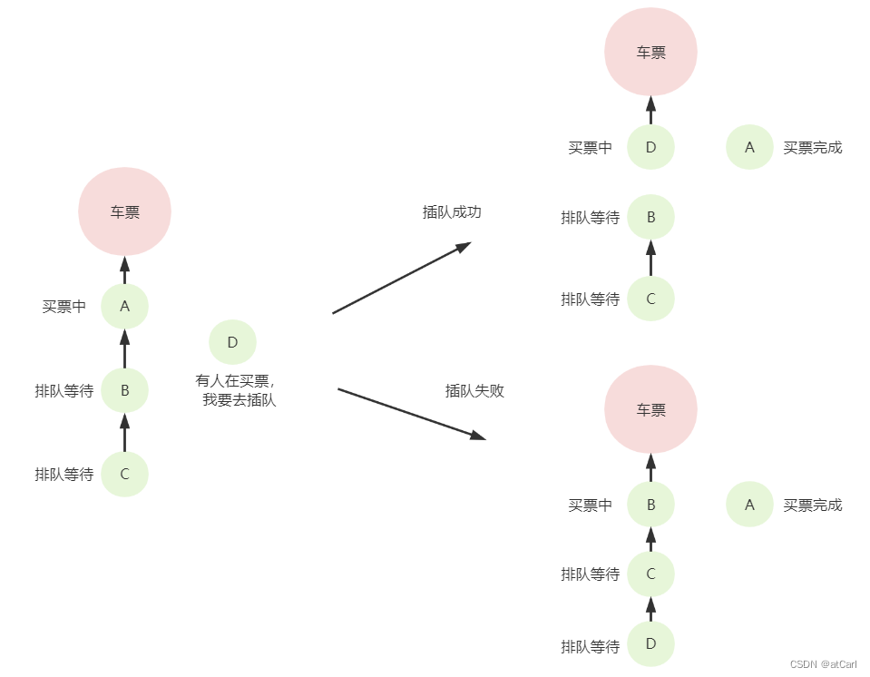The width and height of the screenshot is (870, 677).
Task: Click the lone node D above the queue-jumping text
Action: pyautogui.click(x=232, y=342)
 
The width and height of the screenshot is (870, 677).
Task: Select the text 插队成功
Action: pyautogui.click(x=452, y=212)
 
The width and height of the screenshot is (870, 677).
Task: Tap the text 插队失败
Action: pyautogui.click(x=474, y=391)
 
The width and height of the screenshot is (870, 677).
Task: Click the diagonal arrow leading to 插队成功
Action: pyautogui.click(x=402, y=278)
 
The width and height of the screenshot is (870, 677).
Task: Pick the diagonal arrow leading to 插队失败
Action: pyautogui.click(x=411, y=414)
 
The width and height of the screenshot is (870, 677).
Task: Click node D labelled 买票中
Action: pyautogui.click(x=650, y=147)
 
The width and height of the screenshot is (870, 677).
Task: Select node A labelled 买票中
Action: pyautogui.click(x=124, y=306)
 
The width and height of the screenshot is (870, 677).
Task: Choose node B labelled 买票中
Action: pyautogui.click(x=650, y=505)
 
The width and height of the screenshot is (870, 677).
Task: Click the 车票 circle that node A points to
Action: pyautogui.click(x=124, y=211)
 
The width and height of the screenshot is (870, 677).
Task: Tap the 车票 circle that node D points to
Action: pyautogui.click(x=650, y=52)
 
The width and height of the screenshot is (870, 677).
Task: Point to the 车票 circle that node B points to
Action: pyautogui.click(x=650, y=409)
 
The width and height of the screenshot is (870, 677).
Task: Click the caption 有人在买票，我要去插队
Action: pyautogui.click(x=236, y=390)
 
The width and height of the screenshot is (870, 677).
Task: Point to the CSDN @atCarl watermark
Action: pyautogui.click(x=823, y=664)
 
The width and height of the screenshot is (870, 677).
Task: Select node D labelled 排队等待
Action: pyautogui.click(x=650, y=644)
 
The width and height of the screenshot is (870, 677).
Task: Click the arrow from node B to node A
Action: pyautogui.click(x=124, y=348)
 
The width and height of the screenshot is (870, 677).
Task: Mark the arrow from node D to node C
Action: pyautogui.click(x=650, y=609)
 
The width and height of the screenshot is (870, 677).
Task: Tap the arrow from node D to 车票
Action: pyautogui.click(x=650, y=110)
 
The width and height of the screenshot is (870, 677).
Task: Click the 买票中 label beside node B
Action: pyautogui.click(x=590, y=505)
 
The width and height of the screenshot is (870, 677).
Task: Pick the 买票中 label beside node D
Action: pyautogui.click(x=590, y=148)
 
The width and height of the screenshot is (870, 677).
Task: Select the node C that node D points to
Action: pyautogui.click(x=650, y=574)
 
